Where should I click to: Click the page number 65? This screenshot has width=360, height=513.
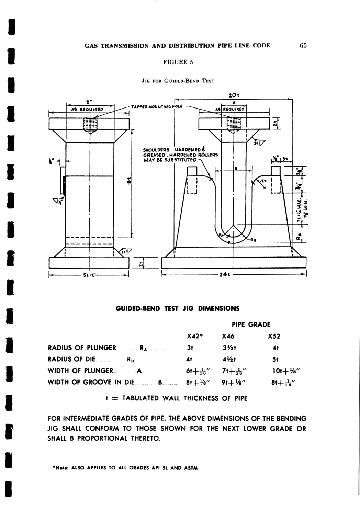(x=303, y=46)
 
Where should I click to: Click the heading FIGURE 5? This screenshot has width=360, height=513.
(x=178, y=62)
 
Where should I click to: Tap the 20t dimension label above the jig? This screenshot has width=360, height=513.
(x=234, y=95)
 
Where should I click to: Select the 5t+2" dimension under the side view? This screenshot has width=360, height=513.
(x=88, y=275)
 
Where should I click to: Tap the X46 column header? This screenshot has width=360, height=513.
(x=228, y=336)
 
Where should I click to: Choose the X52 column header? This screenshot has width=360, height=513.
(x=274, y=336)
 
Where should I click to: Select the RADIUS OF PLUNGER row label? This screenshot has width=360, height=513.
(x=82, y=348)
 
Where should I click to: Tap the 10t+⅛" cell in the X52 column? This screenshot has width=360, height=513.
(x=281, y=371)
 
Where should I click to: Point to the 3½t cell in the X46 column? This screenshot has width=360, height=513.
(x=228, y=348)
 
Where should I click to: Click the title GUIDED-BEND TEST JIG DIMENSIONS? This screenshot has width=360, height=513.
(x=178, y=308)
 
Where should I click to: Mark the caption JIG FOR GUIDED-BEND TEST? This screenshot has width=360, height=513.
(x=178, y=81)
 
